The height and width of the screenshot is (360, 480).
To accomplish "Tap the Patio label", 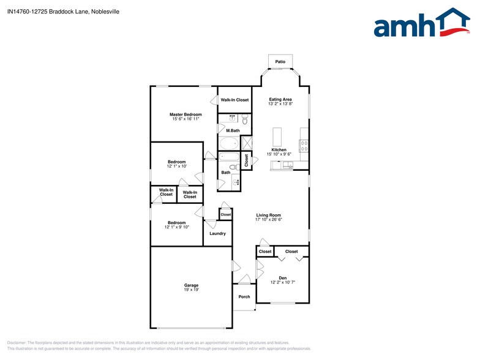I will [280, 62].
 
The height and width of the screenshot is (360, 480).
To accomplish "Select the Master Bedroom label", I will [186, 114].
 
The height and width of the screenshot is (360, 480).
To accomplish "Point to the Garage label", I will [191, 285].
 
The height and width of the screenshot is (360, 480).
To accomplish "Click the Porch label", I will [244, 297].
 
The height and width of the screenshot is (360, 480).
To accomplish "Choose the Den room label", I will [282, 277].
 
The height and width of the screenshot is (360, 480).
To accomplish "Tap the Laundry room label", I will [217, 233].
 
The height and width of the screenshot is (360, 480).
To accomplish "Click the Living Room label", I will [268, 215].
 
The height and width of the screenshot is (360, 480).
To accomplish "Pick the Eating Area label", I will [280, 99].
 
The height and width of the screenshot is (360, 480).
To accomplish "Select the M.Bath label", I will [232, 130].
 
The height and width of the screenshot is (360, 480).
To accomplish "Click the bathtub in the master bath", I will [229, 144].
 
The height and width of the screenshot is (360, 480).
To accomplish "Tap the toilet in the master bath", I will [244, 121].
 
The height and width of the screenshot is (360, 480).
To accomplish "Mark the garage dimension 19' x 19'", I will [191, 290].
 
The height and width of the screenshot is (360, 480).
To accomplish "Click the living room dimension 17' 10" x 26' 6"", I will [268, 220].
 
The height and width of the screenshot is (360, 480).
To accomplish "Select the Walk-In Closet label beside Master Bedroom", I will [234, 100].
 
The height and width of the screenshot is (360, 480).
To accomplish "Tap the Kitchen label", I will [279, 149].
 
